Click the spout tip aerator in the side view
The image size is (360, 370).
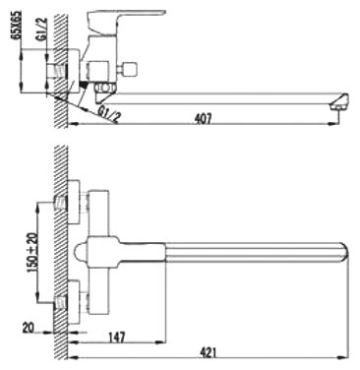pos(339,101)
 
